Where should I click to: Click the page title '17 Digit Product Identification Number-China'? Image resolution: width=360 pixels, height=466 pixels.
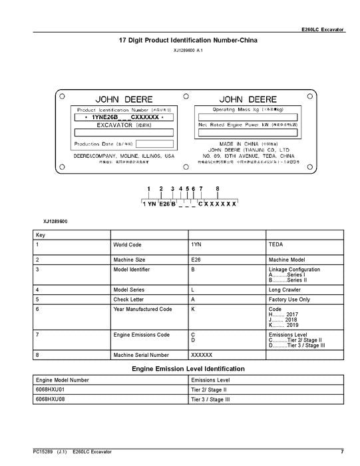pyautogui.click(x=188, y=41)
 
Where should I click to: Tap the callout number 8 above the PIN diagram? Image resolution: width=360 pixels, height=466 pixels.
pyautogui.click(x=217, y=189)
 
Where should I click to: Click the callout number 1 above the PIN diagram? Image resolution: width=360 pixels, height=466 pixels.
pyautogui.click(x=149, y=189)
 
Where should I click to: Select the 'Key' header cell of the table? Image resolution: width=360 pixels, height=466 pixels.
pyautogui.click(x=41, y=235)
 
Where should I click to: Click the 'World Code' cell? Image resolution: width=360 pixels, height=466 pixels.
pyautogui.click(x=127, y=245)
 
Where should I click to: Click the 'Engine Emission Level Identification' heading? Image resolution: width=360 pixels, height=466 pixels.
pyautogui.click(x=188, y=368)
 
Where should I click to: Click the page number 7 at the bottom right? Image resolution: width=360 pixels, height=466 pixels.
pyautogui.click(x=342, y=452)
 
